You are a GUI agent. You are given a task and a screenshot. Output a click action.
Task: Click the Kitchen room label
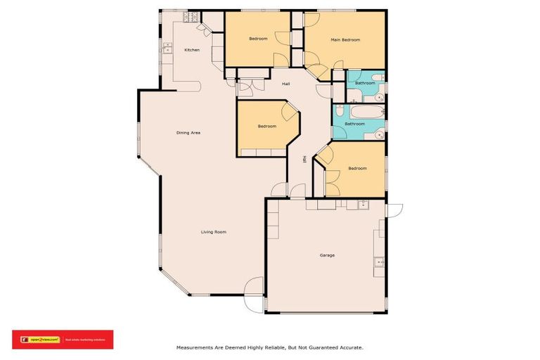pos(192,50)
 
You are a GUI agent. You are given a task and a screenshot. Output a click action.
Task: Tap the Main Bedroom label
pos(345,40)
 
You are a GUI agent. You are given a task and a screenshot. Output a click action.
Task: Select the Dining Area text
pos(188,132)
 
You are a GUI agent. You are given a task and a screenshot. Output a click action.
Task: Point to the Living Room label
pos(213,232)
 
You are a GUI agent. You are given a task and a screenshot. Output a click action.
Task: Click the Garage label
pos(326,255)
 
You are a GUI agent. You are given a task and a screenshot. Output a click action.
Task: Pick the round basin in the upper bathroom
pos(378,78)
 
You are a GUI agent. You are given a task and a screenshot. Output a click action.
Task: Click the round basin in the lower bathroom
pos(380,131)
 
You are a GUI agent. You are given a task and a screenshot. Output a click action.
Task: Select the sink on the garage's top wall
pos(364,205)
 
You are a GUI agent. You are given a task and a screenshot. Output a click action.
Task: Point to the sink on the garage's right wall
pos(378,262)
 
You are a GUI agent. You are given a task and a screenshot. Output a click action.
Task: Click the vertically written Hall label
pos(304,160)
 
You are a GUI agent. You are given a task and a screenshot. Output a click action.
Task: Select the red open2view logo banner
pos(63,340)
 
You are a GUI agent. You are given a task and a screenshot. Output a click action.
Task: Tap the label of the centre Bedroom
pos(266,127)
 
